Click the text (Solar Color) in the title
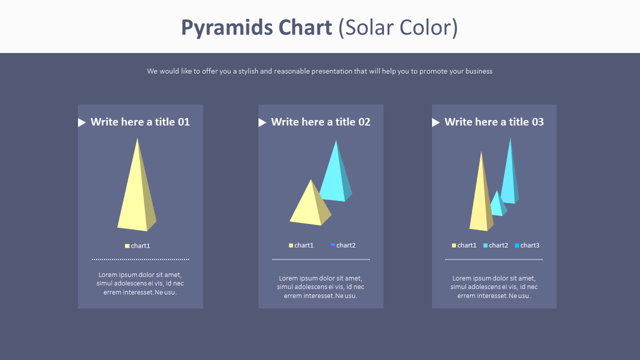click(x=398, y=28)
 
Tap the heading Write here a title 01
click(x=140, y=122)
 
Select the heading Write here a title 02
click(x=320, y=122)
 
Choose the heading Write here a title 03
click(x=494, y=122)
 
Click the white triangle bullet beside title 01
click(x=82, y=122)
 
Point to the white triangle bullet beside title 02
click(x=262, y=122)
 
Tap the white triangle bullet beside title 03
click(x=436, y=122)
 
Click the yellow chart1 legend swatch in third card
click(x=454, y=245)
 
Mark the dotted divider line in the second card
click(x=320, y=259)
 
